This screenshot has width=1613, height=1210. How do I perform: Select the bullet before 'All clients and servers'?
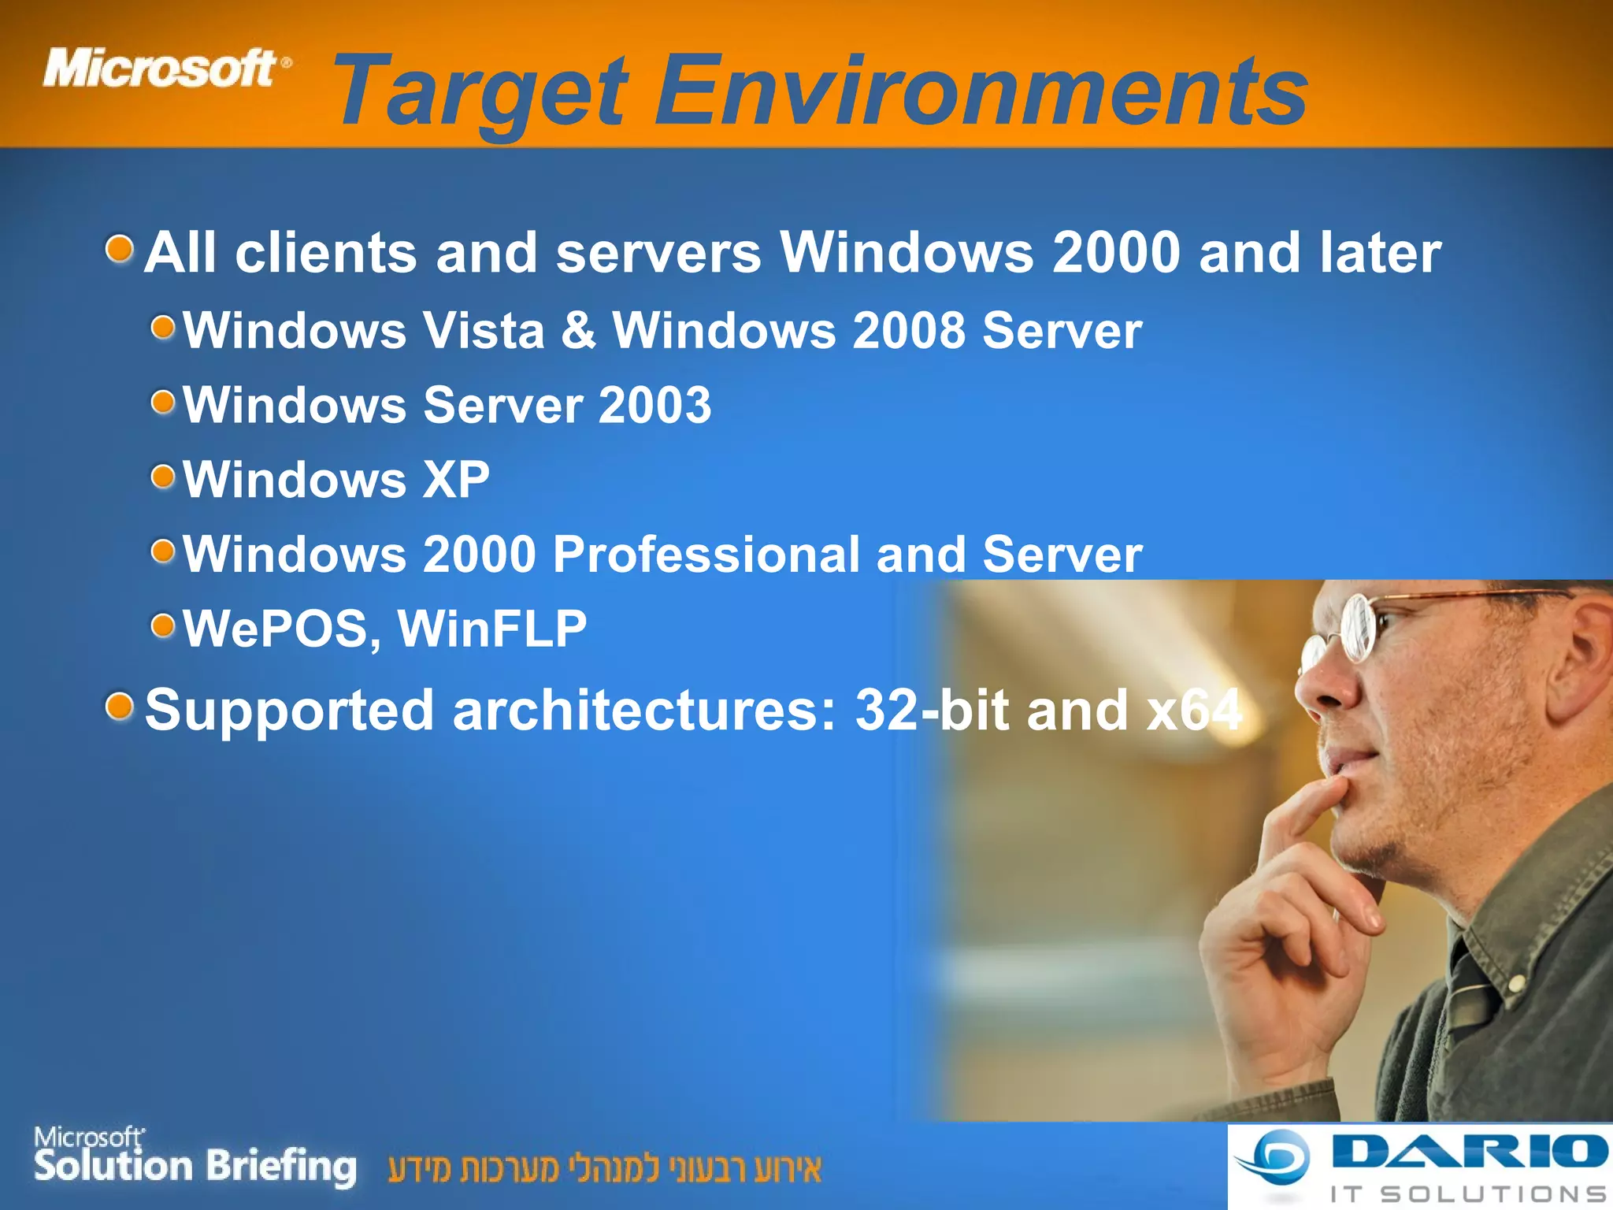120,250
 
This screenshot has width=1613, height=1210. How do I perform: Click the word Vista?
484,330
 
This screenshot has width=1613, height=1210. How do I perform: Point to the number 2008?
909,330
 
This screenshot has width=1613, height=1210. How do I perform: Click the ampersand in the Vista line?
578,330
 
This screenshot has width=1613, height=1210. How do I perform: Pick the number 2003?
654,405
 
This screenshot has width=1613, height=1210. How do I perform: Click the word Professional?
706,554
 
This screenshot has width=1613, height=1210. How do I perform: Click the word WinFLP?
492,629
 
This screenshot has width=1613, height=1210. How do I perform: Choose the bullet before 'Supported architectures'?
120,707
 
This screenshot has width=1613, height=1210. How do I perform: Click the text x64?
1194,710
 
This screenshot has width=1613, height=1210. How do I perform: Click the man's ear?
1591,654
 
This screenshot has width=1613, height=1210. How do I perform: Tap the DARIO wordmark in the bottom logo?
1469,1152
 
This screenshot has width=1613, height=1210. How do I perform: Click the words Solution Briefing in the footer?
195,1167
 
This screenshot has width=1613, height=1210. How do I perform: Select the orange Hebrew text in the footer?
604,1168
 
